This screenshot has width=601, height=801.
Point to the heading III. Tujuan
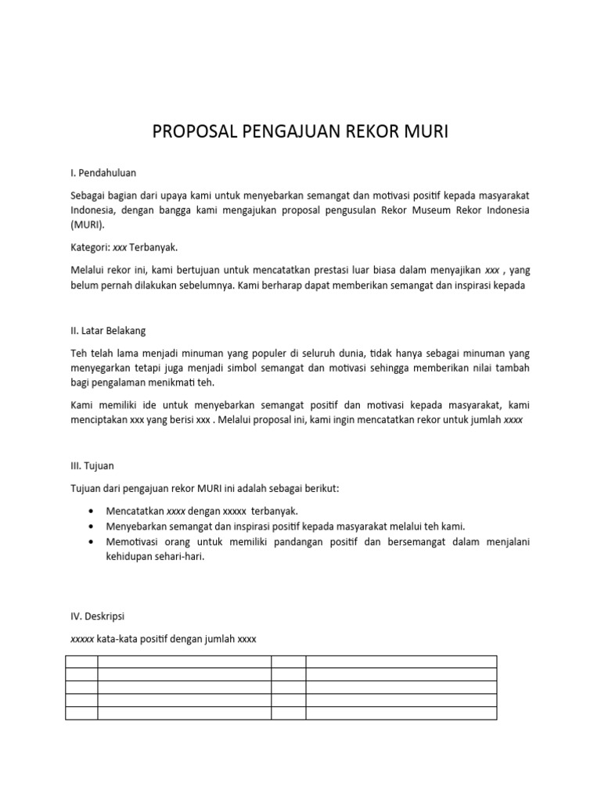click(92, 465)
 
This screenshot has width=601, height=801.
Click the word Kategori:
click(91, 248)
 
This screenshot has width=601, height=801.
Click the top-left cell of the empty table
click(81, 662)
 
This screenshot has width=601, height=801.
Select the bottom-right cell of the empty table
click(401, 713)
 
